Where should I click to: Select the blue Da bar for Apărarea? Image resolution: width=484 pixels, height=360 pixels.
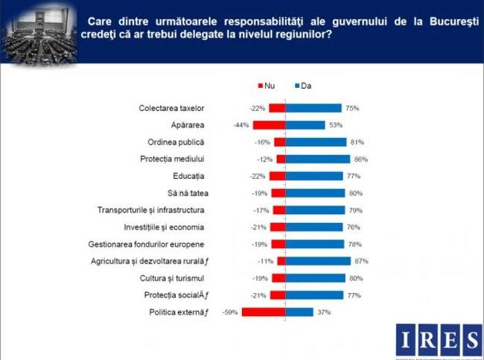(305, 125)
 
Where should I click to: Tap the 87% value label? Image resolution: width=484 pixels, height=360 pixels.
(362, 262)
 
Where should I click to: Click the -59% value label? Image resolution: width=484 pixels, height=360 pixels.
(230, 312)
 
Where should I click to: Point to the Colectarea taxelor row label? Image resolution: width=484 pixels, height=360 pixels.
(171, 108)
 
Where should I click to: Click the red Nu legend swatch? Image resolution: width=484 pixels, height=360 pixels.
(260, 86)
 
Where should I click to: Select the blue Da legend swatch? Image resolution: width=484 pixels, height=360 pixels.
(296, 86)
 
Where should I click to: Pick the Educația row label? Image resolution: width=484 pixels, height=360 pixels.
(183, 177)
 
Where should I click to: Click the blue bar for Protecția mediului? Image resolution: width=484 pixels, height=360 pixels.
(318, 159)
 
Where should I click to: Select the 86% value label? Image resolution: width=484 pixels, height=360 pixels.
(361, 160)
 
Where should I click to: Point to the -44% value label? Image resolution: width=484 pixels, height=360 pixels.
(240, 125)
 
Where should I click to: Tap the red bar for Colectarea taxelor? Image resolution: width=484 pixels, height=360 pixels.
(277, 108)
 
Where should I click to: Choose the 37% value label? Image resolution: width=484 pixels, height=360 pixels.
(324, 312)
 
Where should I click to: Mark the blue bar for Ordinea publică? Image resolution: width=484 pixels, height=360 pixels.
(316, 142)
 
